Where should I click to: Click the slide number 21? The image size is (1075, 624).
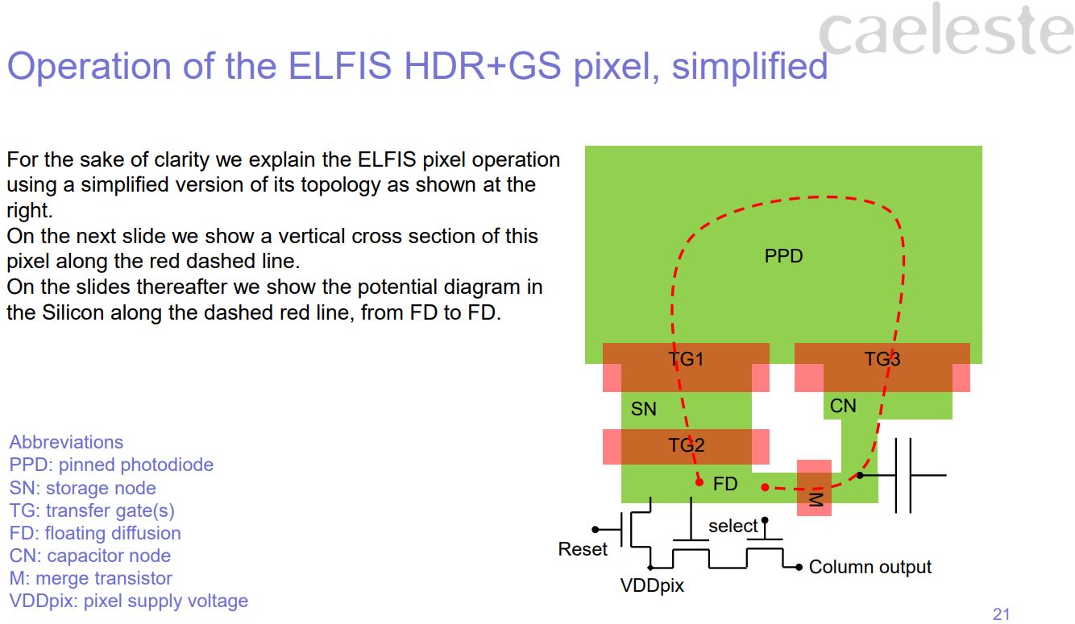pyautogui.click(x=1001, y=614)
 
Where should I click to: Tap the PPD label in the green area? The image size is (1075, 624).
pyautogui.click(x=783, y=256)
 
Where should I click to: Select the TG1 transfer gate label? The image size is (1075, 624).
pyautogui.click(x=686, y=359)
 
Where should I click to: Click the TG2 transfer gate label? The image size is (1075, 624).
pyautogui.click(x=686, y=444)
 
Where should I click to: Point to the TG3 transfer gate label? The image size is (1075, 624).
pyautogui.click(x=882, y=359)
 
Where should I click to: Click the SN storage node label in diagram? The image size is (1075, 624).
pyautogui.click(x=643, y=409)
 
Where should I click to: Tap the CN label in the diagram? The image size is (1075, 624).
pyautogui.click(x=843, y=406)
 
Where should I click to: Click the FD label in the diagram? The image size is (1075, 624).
pyautogui.click(x=725, y=484)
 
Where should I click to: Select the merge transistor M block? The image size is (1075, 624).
pyautogui.click(x=814, y=489)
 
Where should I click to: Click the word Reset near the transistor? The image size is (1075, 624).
pyautogui.click(x=583, y=549)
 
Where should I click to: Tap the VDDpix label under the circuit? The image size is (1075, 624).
pyautogui.click(x=651, y=585)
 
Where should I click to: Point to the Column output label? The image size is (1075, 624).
pyautogui.click(x=870, y=567)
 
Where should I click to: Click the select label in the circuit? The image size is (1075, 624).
pyautogui.click(x=733, y=526)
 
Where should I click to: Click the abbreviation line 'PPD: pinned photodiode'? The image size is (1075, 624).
pyautogui.click(x=111, y=465)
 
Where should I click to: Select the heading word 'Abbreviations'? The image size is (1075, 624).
pyautogui.click(x=66, y=442)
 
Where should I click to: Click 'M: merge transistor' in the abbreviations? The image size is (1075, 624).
pyautogui.click(x=90, y=578)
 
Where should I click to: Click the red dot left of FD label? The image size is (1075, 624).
pyautogui.click(x=699, y=482)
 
